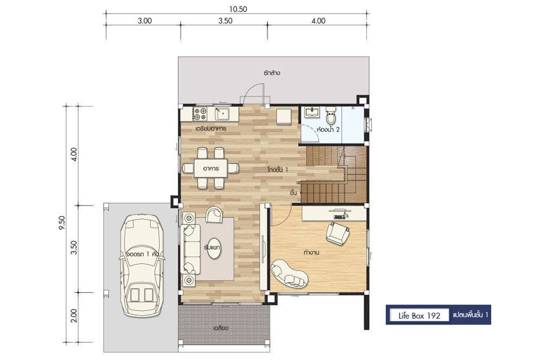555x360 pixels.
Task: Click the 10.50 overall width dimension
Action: coord(238,9)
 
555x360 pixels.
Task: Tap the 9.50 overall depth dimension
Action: coord(62,223)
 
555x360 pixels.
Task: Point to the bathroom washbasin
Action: coord(312,112)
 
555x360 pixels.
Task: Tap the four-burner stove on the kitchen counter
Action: coord(200,114)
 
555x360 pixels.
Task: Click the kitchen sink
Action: coord(222,113)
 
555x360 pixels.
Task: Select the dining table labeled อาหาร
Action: coord(211,168)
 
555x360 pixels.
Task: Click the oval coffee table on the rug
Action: coord(212,247)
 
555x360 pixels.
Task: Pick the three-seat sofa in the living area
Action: coord(191,248)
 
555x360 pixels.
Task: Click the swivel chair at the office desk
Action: coord(338,233)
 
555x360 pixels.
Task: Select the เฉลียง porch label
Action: coord(221,328)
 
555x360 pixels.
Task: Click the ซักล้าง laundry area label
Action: coord(272,73)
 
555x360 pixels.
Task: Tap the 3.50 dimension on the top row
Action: coord(225,21)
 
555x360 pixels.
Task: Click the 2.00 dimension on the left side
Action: coord(74,316)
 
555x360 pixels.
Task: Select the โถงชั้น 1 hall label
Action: coord(278,170)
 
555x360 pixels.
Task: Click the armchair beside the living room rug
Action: coord(214,214)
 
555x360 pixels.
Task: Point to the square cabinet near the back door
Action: coord(284,117)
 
